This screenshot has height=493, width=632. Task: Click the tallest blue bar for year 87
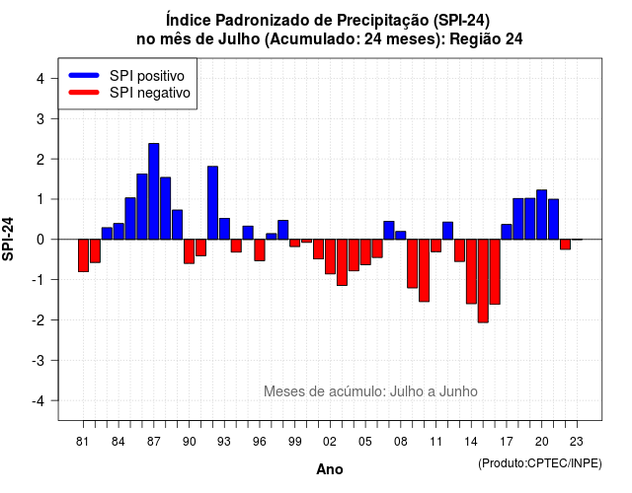click(x=154, y=191)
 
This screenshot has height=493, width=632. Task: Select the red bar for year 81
click(x=83, y=255)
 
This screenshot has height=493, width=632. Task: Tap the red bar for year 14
click(x=471, y=271)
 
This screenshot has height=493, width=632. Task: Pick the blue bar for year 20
click(x=542, y=215)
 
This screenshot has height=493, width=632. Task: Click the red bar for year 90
click(x=189, y=251)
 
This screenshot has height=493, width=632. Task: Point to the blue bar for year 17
click(x=507, y=232)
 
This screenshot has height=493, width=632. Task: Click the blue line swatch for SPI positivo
click(x=84, y=75)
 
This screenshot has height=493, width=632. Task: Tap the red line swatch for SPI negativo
click(x=84, y=92)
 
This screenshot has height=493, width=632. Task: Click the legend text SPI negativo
click(x=150, y=93)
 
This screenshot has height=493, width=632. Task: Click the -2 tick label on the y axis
click(x=39, y=319)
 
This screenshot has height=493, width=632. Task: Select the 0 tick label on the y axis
click(x=40, y=240)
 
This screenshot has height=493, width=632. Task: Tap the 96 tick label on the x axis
click(x=260, y=442)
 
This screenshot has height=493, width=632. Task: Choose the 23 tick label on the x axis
click(x=577, y=442)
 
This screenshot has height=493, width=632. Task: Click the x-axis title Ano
click(x=330, y=469)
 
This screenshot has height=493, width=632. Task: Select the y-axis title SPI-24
click(x=8, y=239)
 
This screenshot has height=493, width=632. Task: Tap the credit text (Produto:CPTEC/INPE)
click(x=540, y=463)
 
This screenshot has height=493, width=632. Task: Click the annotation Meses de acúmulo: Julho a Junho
click(x=371, y=391)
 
